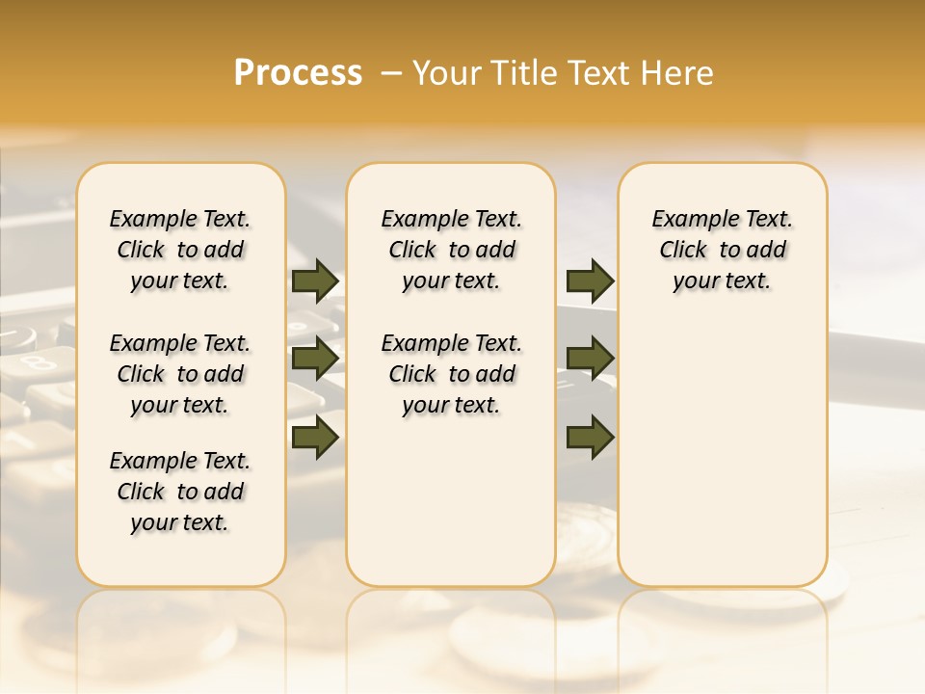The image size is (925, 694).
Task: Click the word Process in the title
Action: [298, 73]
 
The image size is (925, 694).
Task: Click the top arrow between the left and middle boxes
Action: [315, 281]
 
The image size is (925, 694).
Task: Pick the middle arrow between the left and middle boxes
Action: [315, 359]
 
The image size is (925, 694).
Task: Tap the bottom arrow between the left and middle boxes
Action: [315, 437]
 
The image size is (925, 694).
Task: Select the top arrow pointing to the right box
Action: [591, 281]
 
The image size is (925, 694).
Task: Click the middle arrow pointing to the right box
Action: [591, 359]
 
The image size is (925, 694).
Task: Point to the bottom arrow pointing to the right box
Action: [591, 437]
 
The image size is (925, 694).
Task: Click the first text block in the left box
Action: [180, 251]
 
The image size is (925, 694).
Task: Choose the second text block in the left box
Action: [180, 374]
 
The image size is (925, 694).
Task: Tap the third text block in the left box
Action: [180, 492]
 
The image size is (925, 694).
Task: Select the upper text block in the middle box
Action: [451, 251]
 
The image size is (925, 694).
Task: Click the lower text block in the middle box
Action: [451, 374]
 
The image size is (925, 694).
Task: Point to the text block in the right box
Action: [722, 251]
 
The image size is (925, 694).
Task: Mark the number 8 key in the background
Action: [38, 363]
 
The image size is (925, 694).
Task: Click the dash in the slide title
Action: [390, 73]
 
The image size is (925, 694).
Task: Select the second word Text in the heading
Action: [597, 73]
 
